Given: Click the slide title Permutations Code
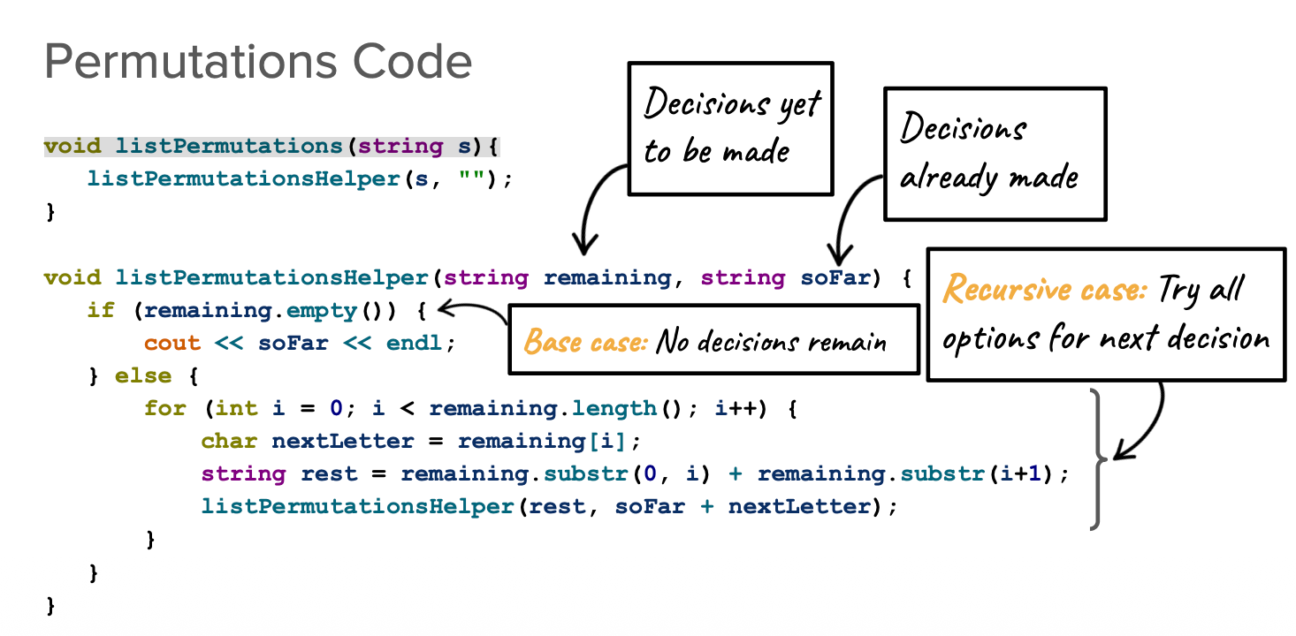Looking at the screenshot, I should point(257,62).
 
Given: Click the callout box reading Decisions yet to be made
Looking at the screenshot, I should point(729,128).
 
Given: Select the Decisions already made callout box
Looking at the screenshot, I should point(995,153).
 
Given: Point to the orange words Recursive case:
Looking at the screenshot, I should point(1044,290).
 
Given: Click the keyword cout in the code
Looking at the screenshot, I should point(172,343).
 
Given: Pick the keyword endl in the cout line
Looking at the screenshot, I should point(415,343).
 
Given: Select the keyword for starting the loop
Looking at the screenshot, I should point(165,408).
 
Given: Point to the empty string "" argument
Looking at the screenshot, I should point(472,178).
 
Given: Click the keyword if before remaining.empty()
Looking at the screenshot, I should point(100,310).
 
